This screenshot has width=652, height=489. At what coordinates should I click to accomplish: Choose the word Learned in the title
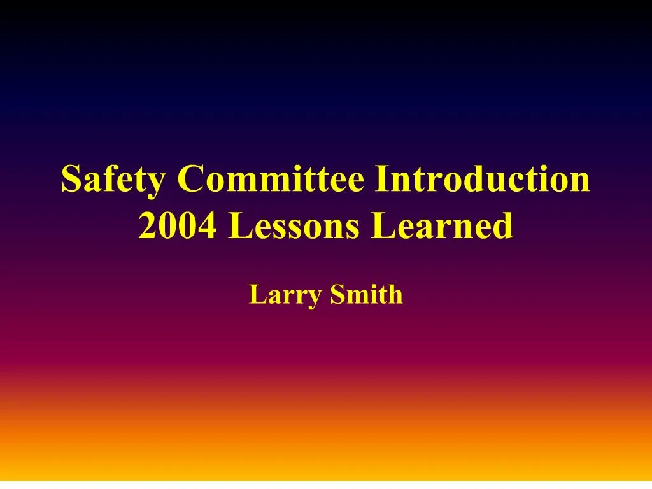tap(442, 226)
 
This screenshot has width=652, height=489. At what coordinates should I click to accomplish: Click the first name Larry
tap(284, 295)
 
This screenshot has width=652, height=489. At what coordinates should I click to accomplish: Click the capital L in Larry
tap(256, 295)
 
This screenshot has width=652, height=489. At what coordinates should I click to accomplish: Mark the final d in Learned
tap(502, 227)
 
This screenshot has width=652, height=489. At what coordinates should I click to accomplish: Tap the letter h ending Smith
tap(395, 295)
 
